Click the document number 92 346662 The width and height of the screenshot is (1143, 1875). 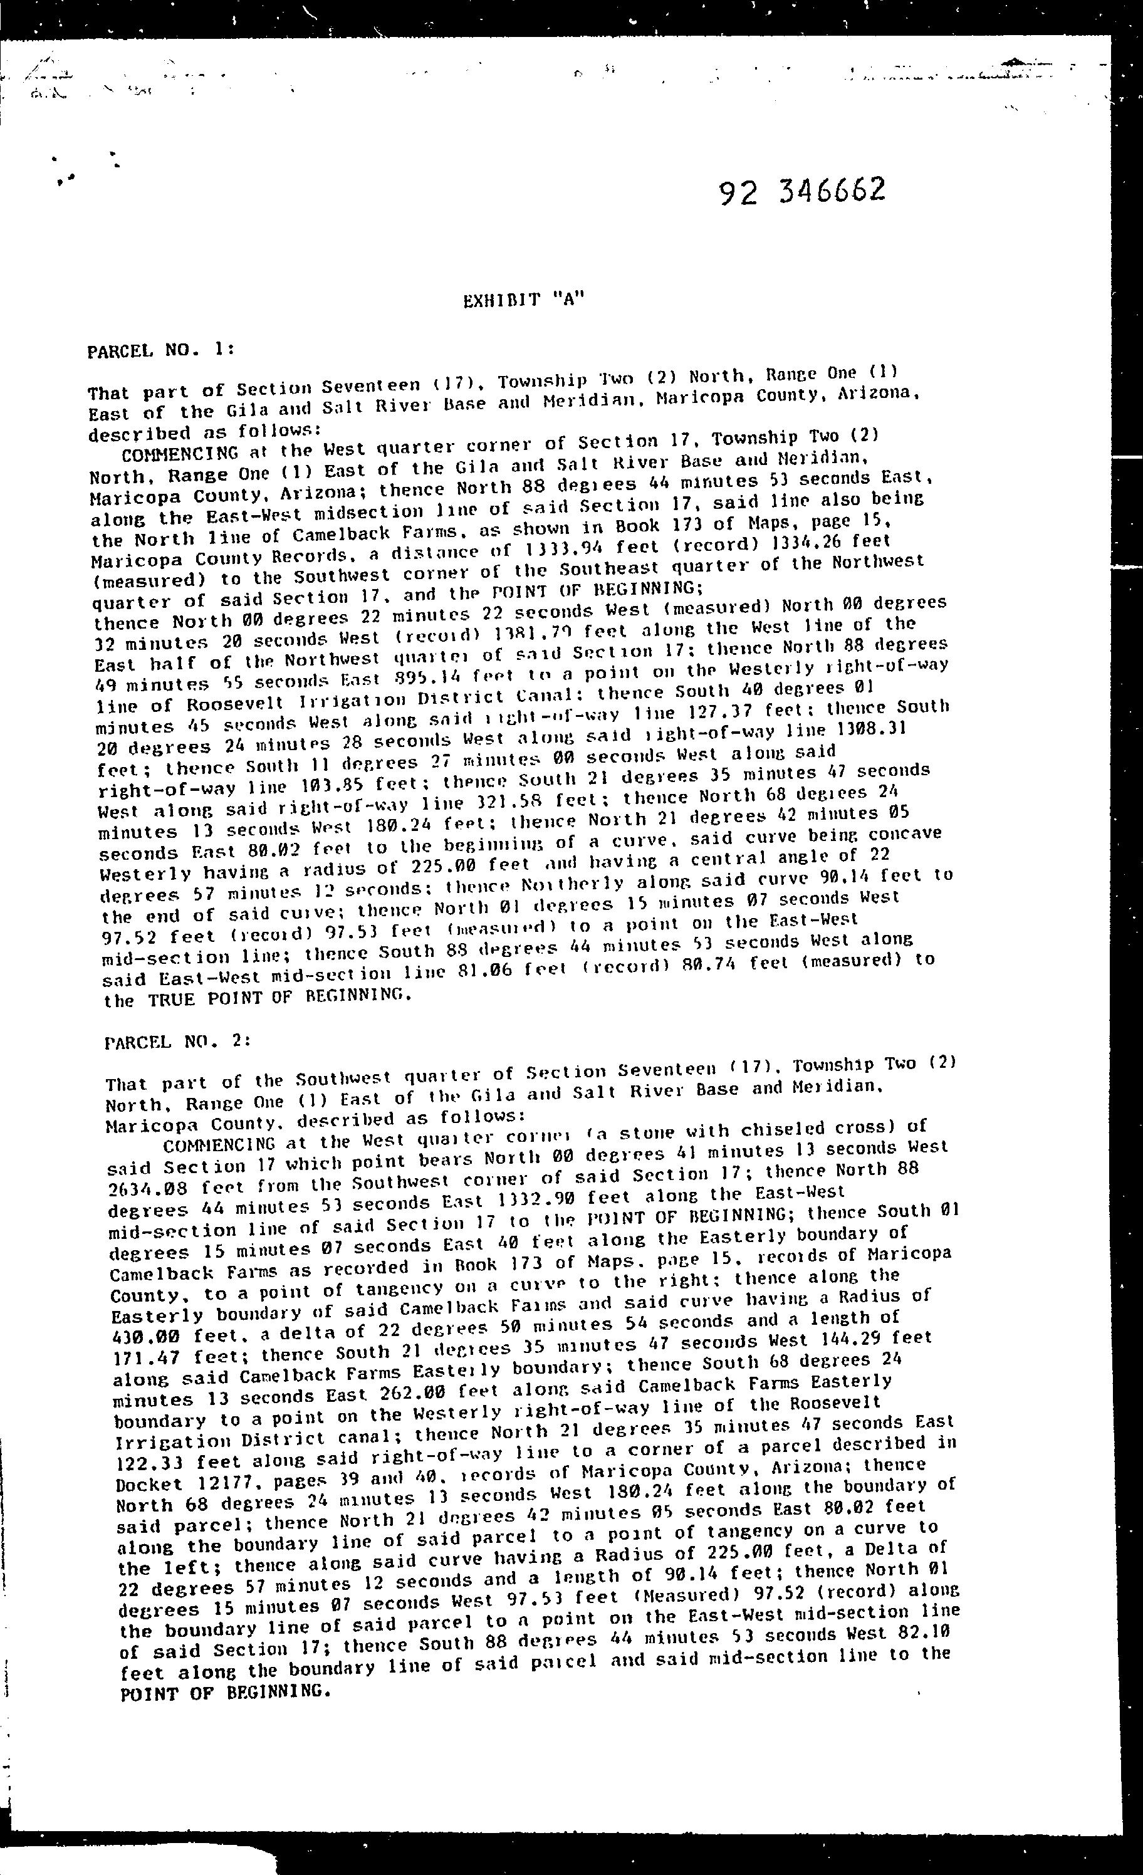[x=802, y=192]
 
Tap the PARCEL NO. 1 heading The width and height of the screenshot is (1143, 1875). [x=160, y=350]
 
